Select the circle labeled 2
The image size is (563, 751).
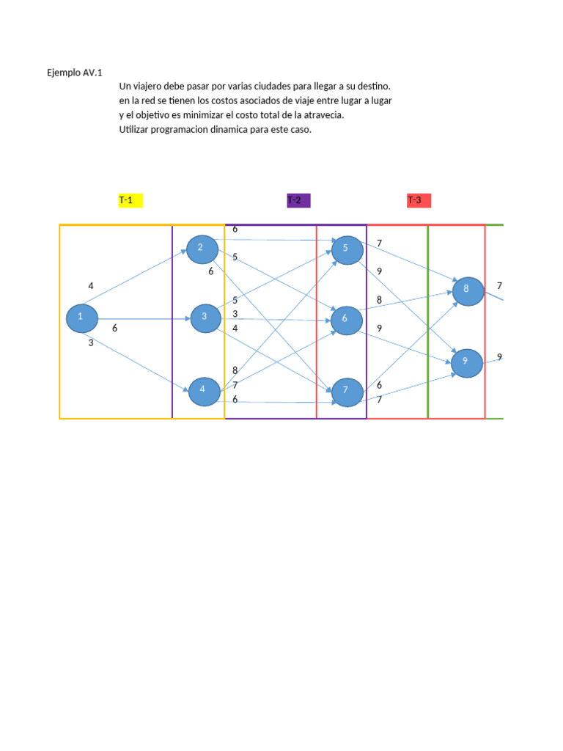click(x=202, y=248)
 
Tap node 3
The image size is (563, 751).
click(x=205, y=318)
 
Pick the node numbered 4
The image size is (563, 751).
click(x=204, y=389)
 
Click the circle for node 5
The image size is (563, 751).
click(x=347, y=249)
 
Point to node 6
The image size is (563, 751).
click(x=345, y=319)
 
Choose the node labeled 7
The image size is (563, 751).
click(x=347, y=391)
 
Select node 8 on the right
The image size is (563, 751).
click(x=466, y=290)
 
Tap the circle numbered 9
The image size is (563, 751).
click(x=466, y=362)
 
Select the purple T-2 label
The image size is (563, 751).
click(x=298, y=201)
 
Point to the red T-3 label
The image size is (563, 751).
click(x=419, y=201)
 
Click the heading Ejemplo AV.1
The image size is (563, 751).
click(x=74, y=73)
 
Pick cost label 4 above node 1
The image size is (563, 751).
click(x=91, y=285)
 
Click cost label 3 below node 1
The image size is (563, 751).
click(x=91, y=342)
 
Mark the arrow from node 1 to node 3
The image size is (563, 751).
click(x=139, y=319)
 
